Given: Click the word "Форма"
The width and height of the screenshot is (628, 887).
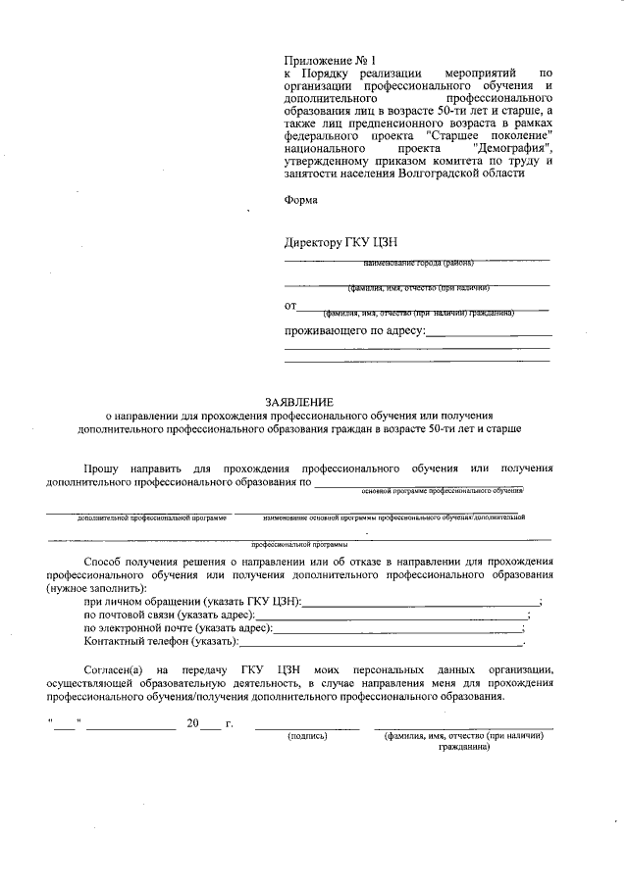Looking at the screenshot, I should coord(301,200).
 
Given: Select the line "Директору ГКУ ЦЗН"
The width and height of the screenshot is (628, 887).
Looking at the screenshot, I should coord(340,242).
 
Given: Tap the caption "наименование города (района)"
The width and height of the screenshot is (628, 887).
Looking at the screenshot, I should coord(418,264).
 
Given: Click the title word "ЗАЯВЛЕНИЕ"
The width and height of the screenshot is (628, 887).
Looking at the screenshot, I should coord(299,401).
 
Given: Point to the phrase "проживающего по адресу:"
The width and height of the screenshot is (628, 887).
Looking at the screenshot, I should coord(354,331).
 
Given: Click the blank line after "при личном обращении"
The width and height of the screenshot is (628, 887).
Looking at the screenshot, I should coord(421,600).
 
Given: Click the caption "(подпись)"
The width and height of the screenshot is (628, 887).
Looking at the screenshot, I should coord(306,735).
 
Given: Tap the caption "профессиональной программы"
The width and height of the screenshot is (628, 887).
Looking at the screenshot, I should coord(298,543).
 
